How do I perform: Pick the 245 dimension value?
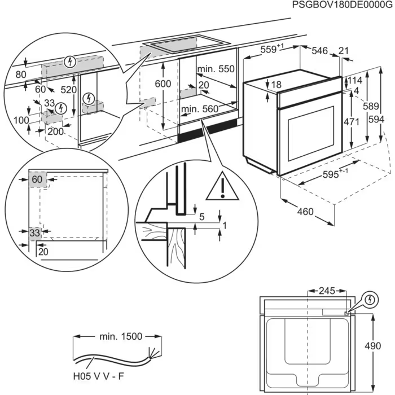(326, 291)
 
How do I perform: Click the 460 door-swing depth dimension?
(305, 212)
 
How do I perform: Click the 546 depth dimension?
(320, 51)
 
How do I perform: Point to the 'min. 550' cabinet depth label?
(216, 69)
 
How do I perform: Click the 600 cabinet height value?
(163, 84)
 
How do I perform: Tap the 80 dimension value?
(21, 74)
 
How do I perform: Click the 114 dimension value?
(355, 80)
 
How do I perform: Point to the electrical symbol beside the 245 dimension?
(370, 299)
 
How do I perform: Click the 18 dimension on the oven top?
(275, 85)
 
